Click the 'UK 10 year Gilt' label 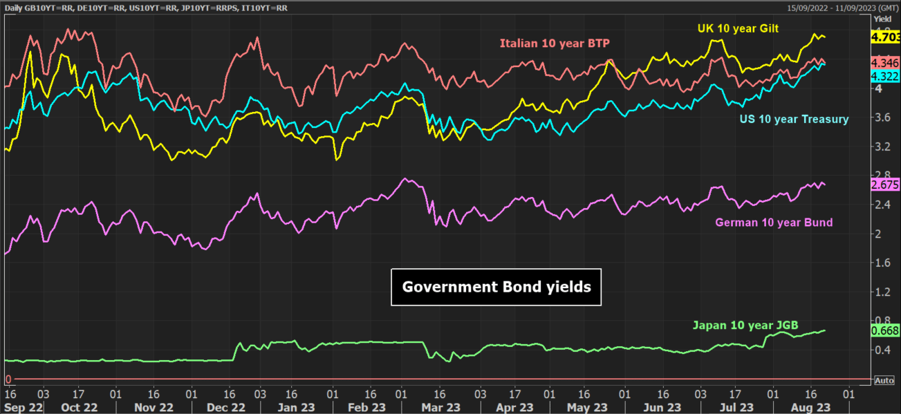tap(738, 28)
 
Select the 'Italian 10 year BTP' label tap(555, 44)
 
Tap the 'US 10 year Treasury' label tap(794, 120)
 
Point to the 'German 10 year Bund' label tap(774, 223)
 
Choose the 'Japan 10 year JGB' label tap(745, 325)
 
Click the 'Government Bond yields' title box tap(496, 287)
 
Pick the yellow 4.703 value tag tap(885, 37)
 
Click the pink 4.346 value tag tap(885, 63)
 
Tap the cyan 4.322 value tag tap(885, 76)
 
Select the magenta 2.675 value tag tap(885, 185)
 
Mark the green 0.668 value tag tap(885, 330)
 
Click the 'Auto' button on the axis tap(884, 380)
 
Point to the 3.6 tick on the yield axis tap(882, 117)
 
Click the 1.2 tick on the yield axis tap(882, 292)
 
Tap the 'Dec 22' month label tap(225, 407)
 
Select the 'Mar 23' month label tap(441, 407)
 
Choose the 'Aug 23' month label tap(810, 407)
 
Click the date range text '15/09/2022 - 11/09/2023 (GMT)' tap(843, 8)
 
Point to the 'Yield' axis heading tap(882, 19)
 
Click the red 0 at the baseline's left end tap(8, 379)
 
